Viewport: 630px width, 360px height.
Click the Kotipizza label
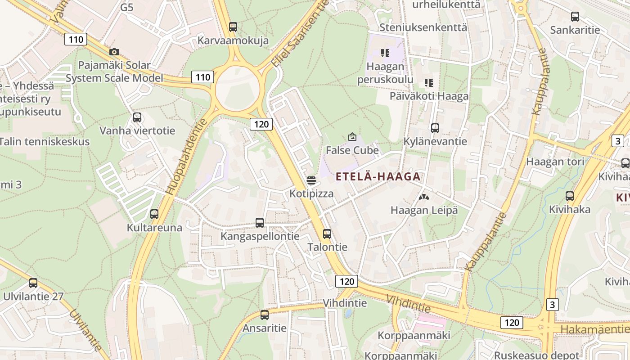[312, 193]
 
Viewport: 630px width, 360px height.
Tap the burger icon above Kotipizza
[311, 181]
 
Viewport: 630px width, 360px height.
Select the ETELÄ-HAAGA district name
[378, 176]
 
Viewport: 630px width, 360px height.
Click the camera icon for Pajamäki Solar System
[114, 52]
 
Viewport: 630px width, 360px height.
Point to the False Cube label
[352, 150]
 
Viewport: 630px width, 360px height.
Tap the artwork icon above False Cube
[352, 137]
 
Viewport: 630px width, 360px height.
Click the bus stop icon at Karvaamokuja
[233, 27]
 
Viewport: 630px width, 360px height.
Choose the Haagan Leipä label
[424, 210]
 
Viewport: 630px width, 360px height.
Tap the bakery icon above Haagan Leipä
[424, 197]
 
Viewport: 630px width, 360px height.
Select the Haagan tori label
[555, 162]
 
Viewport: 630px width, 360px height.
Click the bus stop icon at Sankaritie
[575, 17]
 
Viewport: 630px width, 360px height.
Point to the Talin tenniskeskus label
[44, 141]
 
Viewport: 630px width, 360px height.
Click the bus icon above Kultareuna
[154, 214]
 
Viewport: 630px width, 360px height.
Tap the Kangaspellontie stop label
[260, 236]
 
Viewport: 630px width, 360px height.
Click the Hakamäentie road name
[594, 329]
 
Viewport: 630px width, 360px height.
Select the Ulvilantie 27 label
[33, 296]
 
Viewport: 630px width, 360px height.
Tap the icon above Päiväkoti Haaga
[429, 83]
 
